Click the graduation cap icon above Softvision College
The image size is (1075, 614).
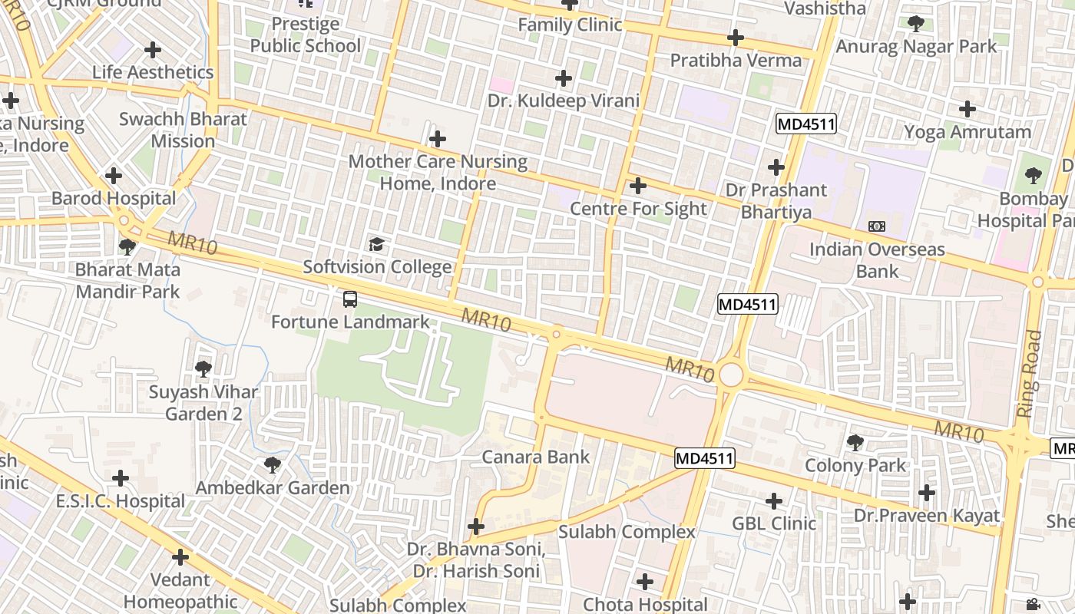376,245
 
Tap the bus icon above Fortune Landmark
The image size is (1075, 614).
350,299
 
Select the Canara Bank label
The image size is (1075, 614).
535,457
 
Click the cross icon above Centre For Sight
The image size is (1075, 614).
637,186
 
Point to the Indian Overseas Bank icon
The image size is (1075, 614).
876,226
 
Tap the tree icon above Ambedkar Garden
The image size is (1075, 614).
272,465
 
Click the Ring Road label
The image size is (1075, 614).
1029,374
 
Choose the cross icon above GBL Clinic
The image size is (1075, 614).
774,501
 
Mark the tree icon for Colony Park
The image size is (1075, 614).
855,443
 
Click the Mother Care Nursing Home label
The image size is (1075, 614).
438,173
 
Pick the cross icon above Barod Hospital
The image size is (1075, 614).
114,176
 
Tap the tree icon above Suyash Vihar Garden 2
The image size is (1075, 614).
203,369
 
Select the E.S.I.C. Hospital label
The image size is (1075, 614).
120,501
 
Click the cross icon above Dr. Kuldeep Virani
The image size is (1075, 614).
564,78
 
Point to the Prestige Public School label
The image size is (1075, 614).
305,35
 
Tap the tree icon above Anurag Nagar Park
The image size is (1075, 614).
915,24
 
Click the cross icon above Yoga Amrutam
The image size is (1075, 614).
968,109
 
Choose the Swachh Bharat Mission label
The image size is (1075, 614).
183,130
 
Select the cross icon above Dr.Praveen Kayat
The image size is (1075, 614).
927,493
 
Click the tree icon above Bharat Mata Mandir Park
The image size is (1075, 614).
127,247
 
